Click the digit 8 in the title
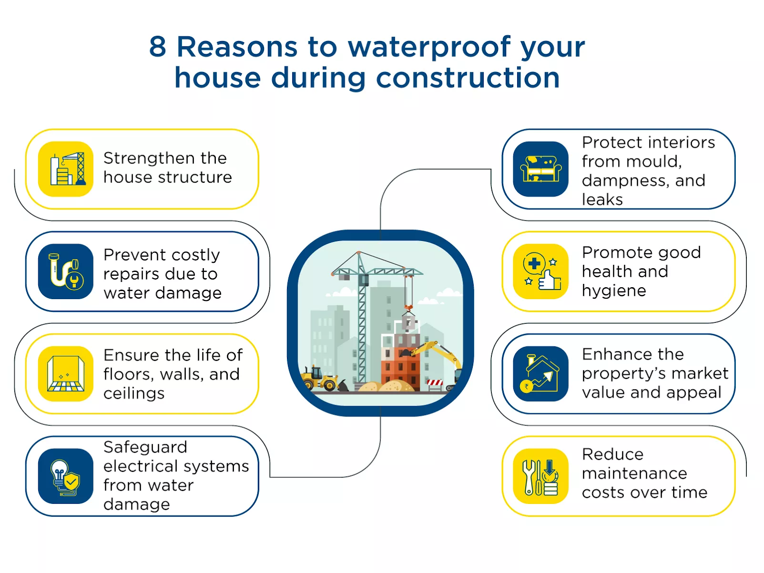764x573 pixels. pos(157,46)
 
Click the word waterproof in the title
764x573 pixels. pos(429,48)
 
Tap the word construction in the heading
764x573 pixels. pos(467,77)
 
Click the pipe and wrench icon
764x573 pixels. pos(66,271)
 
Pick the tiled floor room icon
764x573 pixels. pos(66,374)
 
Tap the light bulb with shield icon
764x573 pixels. pos(66,476)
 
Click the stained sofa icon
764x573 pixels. pos(541,169)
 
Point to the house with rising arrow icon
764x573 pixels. pos(541,374)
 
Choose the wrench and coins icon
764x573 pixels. pos(541,476)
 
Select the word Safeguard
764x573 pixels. pos(145,448)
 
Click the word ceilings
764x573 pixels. pos(134,394)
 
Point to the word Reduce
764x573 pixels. pos(613,454)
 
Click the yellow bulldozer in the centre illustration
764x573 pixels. pos(319,378)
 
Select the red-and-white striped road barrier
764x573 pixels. pos(435,384)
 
